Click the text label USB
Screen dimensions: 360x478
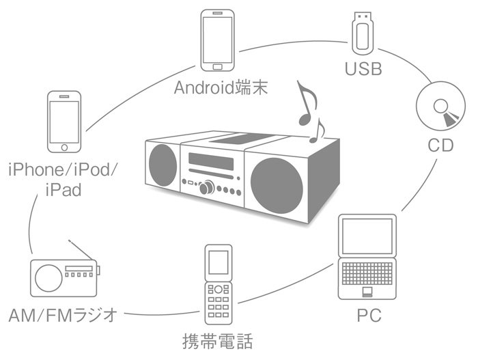point(363,69)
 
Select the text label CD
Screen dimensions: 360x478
point(440,145)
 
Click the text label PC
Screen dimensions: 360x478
point(369,316)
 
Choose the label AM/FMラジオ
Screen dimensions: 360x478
point(64,316)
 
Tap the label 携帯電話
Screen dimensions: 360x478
point(218,340)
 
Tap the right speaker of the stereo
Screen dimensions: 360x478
point(276,182)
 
